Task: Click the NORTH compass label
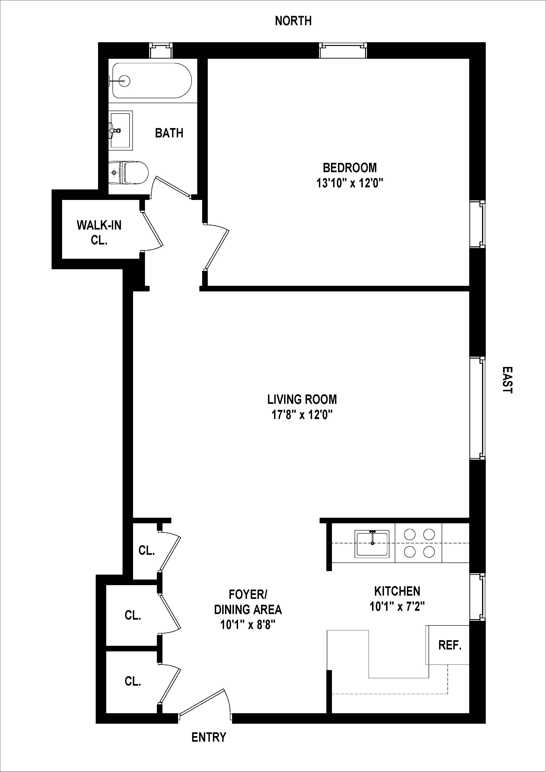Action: coord(293,21)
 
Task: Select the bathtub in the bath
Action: coord(152,81)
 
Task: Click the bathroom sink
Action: coord(120,130)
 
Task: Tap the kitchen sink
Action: coord(371,544)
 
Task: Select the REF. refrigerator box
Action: coord(449,645)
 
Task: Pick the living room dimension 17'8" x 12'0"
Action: coord(302,415)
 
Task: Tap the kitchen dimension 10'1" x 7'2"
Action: coord(397,607)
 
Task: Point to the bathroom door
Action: coord(170,187)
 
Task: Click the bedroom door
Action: coord(217,249)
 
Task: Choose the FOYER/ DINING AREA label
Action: coord(248,602)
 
